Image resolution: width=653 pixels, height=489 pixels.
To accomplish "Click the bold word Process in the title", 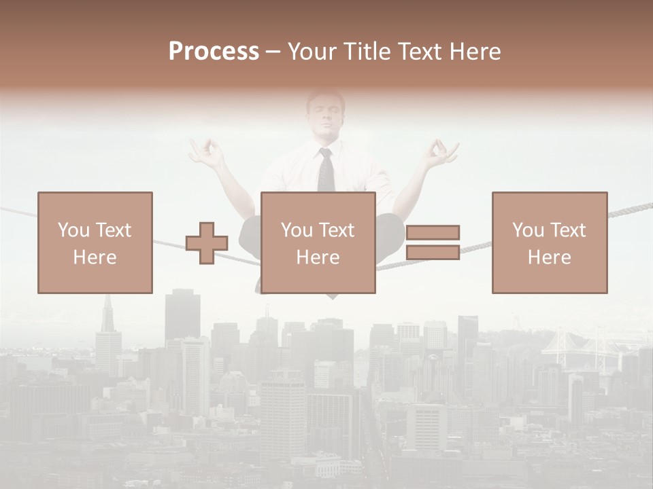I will point(214,52).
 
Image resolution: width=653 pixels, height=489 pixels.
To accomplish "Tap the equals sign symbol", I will point(433,242).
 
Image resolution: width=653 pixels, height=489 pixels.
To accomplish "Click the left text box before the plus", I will point(95,242).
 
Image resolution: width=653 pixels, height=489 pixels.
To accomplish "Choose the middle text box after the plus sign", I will point(318,242).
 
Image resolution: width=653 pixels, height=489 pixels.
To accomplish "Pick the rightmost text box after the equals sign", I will point(549,242).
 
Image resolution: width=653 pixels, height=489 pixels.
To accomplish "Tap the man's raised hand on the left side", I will point(207,153).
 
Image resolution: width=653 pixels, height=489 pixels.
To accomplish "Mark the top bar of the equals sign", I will point(433,233).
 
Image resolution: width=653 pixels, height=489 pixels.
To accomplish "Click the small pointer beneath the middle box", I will point(331,297).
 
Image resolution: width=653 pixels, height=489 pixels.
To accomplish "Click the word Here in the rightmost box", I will point(549,257).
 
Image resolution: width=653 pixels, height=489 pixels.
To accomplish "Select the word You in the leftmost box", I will point(73,230).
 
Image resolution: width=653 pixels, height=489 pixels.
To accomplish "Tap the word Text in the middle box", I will point(337,230).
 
